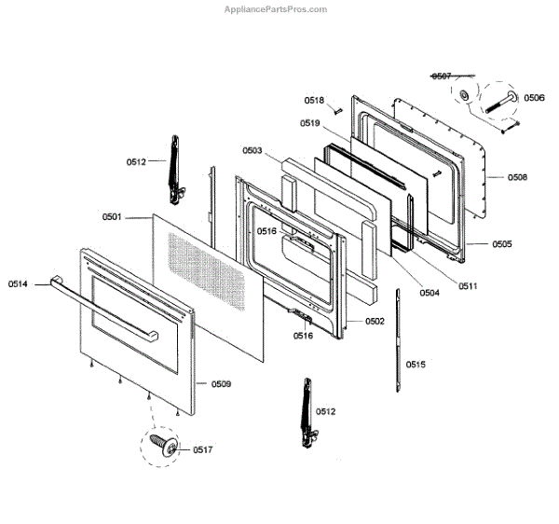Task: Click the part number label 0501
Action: point(112,217)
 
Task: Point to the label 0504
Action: point(429,293)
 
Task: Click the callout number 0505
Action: point(502,244)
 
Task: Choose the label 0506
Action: point(534,97)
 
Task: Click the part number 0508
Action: point(518,175)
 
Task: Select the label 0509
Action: point(221,384)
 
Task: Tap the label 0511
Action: point(468,285)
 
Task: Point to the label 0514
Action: point(19,283)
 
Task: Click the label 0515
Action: point(416,365)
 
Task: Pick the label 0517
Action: point(202,449)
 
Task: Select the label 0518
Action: point(313,100)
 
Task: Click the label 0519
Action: point(310,123)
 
